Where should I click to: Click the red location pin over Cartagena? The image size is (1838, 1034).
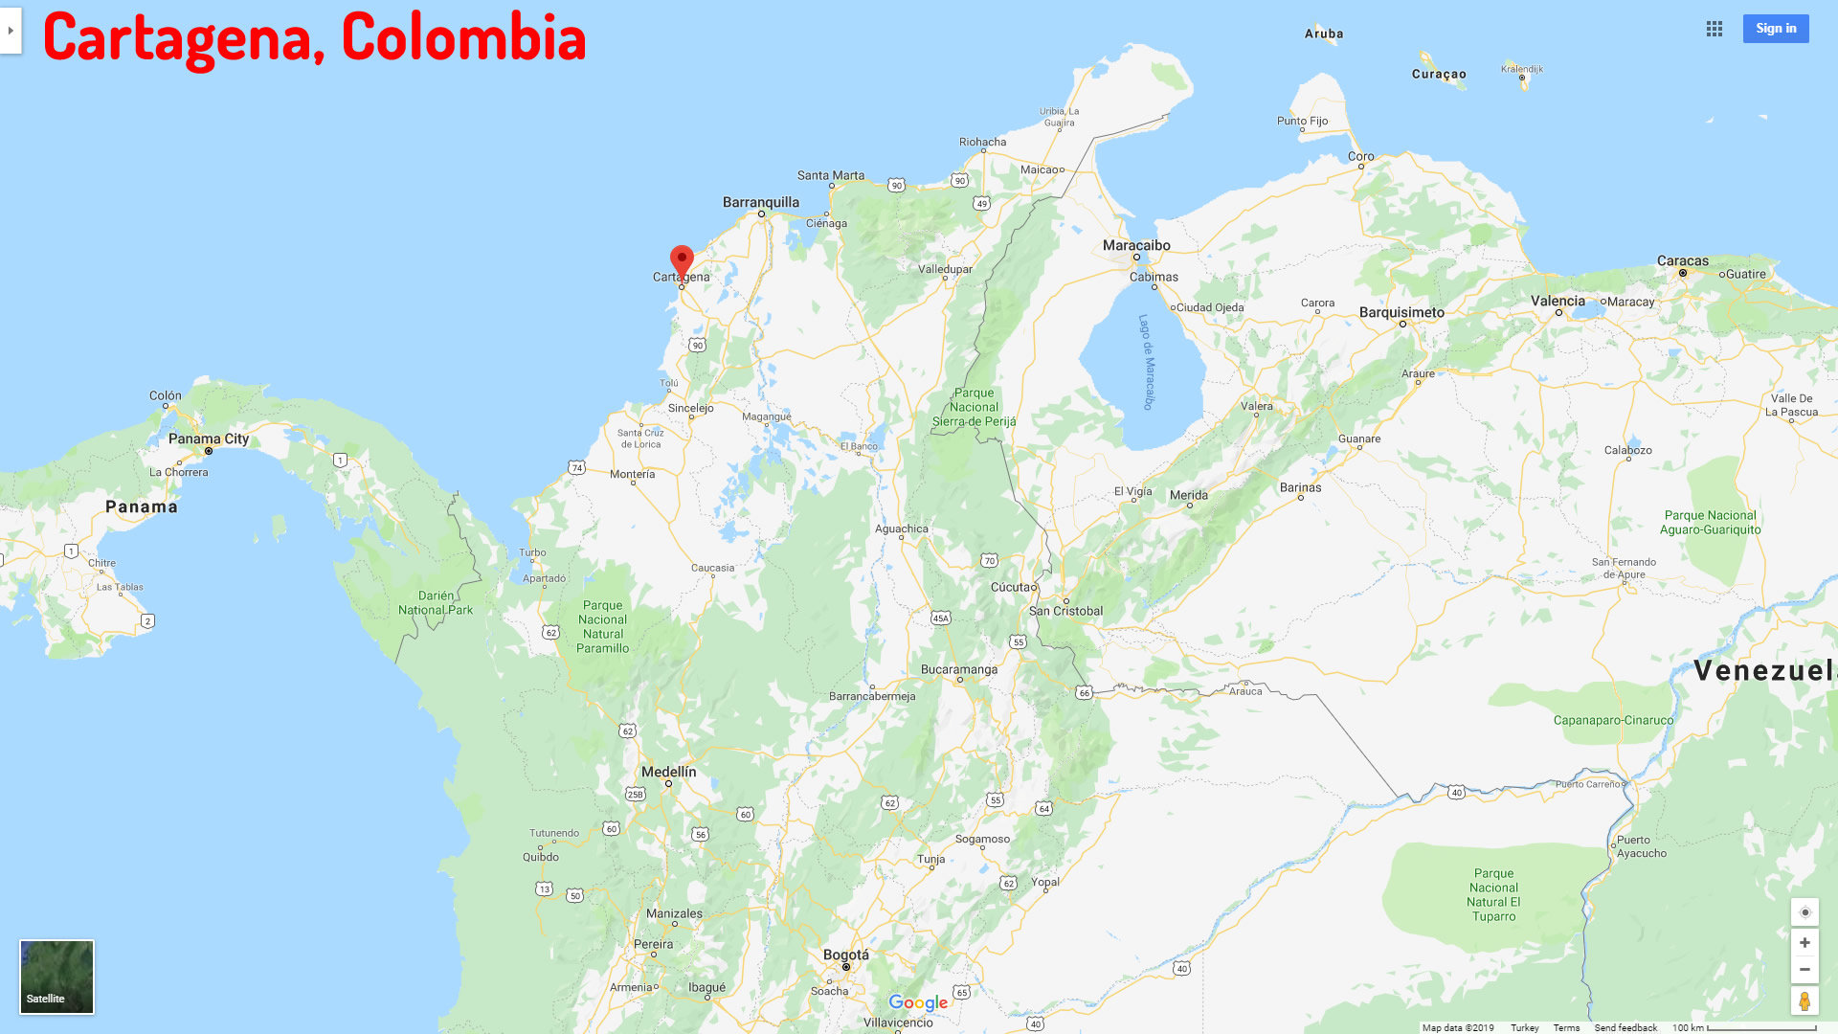click(682, 260)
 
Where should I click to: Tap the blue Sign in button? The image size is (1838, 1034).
click(1775, 29)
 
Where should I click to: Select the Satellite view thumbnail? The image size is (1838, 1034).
click(56, 977)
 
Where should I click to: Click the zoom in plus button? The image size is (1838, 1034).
click(1804, 943)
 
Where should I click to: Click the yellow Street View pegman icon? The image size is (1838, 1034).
click(1804, 1001)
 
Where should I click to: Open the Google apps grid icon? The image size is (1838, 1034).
click(1714, 29)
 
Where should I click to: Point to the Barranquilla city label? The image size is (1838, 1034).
click(760, 202)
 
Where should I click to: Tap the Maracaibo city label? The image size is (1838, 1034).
click(1136, 245)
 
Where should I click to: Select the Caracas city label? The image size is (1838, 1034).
click(1682, 260)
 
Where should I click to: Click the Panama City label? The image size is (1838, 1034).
click(208, 438)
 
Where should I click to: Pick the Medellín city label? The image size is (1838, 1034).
click(668, 772)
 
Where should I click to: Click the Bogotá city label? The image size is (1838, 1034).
click(846, 955)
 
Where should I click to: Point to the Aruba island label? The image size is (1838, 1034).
click(1324, 34)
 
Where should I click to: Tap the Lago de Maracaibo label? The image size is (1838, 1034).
click(1147, 362)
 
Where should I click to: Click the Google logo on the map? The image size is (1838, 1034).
click(917, 1002)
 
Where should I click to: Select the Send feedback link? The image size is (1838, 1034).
click(1625, 1027)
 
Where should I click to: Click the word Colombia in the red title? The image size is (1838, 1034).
click(463, 36)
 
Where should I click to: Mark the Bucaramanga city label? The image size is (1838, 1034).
click(958, 669)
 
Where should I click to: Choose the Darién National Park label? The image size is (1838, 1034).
click(436, 602)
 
